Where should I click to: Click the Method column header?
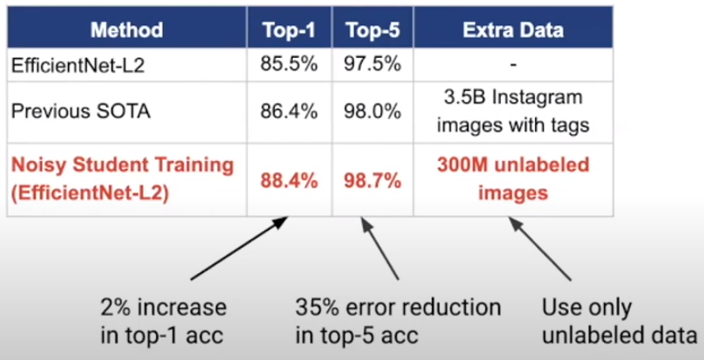click(x=127, y=30)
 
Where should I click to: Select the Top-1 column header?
click(x=290, y=30)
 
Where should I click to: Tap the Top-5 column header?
click(x=372, y=30)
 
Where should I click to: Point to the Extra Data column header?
click(x=513, y=30)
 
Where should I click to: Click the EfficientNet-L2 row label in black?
click(x=78, y=65)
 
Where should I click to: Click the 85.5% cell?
click(x=290, y=65)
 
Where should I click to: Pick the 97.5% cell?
click(x=372, y=65)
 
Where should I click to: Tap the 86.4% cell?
click(x=290, y=112)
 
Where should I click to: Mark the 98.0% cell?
click(x=372, y=112)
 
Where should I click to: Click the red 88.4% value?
click(x=290, y=182)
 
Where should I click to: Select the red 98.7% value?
click(x=372, y=182)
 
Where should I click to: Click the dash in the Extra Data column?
click(x=514, y=65)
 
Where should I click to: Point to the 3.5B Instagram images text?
click(x=513, y=111)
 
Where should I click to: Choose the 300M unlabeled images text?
click(x=513, y=179)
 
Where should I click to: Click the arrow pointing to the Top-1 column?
click(x=240, y=248)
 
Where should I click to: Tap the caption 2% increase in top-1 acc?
click(x=164, y=321)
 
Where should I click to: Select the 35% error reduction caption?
click(x=398, y=321)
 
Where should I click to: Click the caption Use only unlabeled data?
click(x=620, y=321)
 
